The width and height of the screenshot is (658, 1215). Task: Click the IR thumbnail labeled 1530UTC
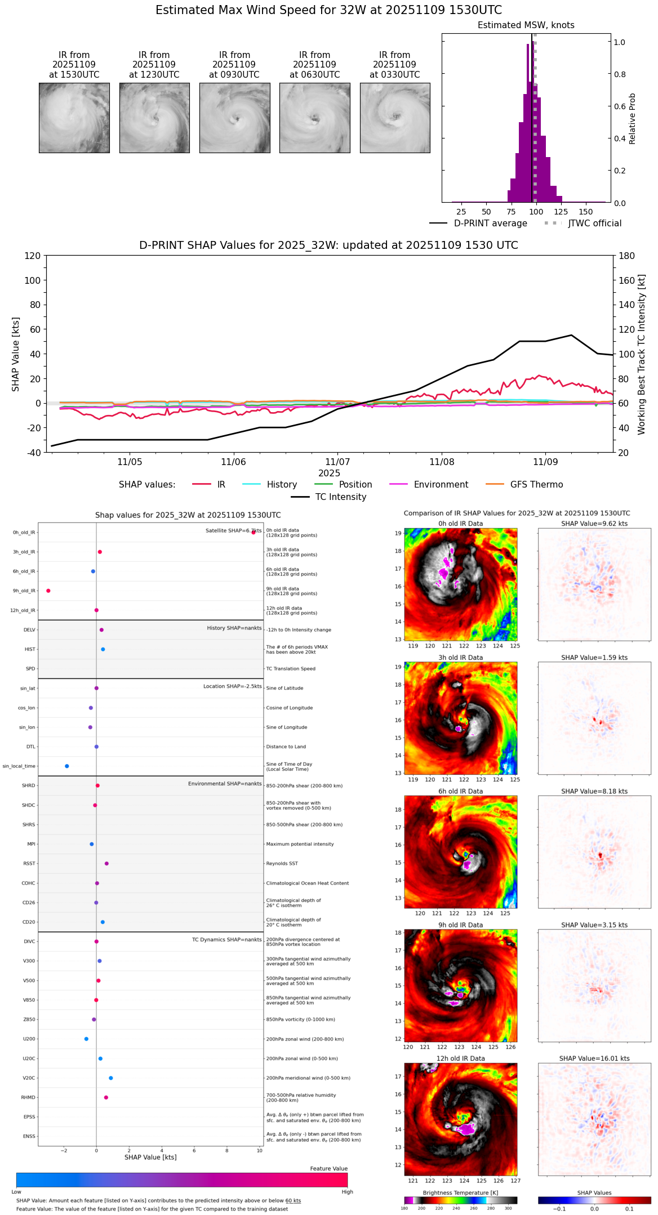tap(74, 118)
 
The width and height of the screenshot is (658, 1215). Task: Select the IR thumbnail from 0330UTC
tap(395, 118)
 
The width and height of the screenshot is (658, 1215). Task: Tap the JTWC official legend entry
tap(594, 224)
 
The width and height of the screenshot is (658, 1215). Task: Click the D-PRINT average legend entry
tap(490, 224)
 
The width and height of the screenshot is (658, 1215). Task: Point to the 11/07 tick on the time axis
tap(337, 462)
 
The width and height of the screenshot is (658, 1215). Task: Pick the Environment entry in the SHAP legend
tap(441, 485)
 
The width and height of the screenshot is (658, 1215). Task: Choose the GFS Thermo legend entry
tap(536, 485)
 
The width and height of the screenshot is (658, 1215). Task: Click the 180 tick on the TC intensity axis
tap(626, 256)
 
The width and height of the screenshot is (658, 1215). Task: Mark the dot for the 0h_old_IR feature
tap(254, 532)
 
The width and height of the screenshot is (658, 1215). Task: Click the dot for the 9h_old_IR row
tap(48, 591)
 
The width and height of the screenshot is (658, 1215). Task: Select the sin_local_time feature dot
tap(67, 766)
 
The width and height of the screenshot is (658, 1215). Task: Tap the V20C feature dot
tap(111, 1078)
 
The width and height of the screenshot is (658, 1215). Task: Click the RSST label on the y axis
tap(29, 863)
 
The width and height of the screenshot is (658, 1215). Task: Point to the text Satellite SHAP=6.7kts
tap(233, 530)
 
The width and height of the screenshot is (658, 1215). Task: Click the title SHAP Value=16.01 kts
tap(594, 1058)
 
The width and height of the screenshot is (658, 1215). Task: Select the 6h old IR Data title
tap(460, 791)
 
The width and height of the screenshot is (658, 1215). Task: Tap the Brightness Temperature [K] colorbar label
tap(460, 1192)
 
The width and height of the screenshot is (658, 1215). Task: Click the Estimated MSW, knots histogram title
tap(526, 25)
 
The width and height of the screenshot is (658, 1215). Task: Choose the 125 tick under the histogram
tap(561, 212)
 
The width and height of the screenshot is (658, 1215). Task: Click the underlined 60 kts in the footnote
tap(293, 1200)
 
